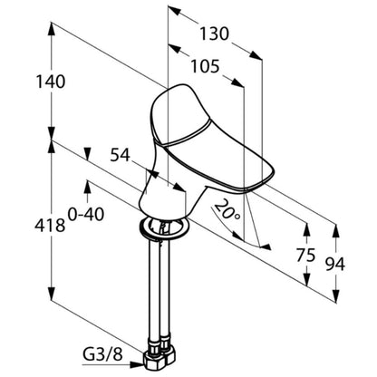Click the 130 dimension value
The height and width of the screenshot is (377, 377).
[x=214, y=34]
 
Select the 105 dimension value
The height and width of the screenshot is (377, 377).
[x=204, y=66]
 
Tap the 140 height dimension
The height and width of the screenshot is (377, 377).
[x=51, y=82]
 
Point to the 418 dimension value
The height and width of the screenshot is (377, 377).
[x=50, y=225]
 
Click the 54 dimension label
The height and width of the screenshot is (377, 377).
[x=120, y=155]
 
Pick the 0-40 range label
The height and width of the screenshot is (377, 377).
[x=86, y=214]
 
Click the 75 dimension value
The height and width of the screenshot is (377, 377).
[x=305, y=255]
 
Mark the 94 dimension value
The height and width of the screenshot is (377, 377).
[x=334, y=265]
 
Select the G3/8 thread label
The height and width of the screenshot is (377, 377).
[x=102, y=355]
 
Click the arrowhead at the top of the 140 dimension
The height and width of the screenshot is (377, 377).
[x=52, y=30]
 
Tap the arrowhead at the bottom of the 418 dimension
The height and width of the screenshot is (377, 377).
[x=52, y=294]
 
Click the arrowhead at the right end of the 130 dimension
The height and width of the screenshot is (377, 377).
[x=256, y=55]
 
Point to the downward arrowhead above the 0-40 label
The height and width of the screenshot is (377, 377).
[x=88, y=154]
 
